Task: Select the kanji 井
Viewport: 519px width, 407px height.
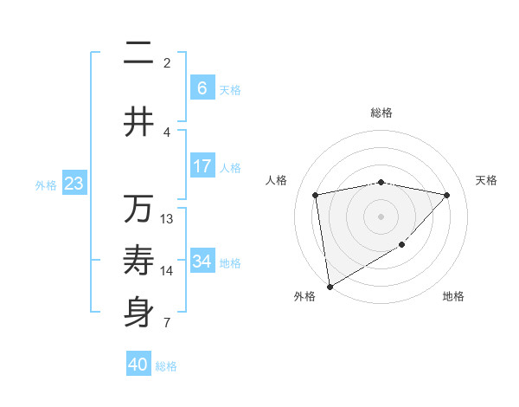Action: click(x=139, y=122)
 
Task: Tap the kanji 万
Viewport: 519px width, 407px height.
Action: click(x=139, y=210)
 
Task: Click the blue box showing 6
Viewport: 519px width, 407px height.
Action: click(x=202, y=88)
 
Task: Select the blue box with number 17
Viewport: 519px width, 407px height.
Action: click(x=202, y=166)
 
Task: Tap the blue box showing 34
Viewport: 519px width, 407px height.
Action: click(x=202, y=262)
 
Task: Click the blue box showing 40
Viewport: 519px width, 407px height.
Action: click(x=138, y=365)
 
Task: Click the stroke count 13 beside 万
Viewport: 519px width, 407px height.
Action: click(x=167, y=219)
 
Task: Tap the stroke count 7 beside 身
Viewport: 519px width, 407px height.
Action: click(x=167, y=323)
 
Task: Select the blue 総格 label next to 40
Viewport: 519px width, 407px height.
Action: click(x=167, y=366)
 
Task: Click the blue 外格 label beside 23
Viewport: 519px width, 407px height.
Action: click(x=46, y=185)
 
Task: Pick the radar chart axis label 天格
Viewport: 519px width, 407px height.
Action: click(x=486, y=180)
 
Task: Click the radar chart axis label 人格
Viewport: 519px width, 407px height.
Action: click(x=276, y=180)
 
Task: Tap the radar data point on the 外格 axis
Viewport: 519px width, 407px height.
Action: click(x=329, y=286)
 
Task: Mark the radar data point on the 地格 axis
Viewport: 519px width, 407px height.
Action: click(x=402, y=245)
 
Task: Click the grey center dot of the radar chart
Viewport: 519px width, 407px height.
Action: click(x=381, y=216)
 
